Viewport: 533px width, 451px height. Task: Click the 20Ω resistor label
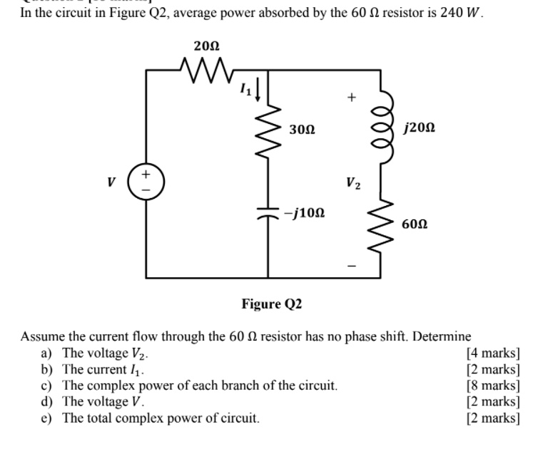pos(206,46)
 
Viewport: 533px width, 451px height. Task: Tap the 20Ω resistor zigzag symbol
pos(206,71)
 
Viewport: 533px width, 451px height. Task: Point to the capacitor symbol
pos(268,214)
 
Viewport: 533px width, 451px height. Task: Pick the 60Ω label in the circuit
pos(415,224)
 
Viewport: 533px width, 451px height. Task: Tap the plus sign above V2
pos(350,98)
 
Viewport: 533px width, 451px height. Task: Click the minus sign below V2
pos(350,266)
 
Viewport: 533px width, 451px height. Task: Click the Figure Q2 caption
pos(271,305)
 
